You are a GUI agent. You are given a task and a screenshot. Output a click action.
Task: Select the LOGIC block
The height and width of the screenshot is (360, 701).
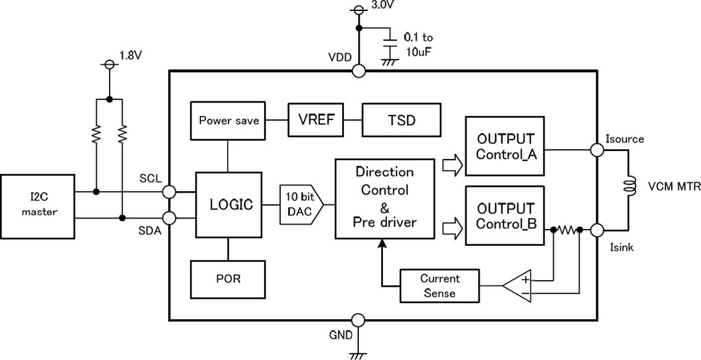(x=228, y=205)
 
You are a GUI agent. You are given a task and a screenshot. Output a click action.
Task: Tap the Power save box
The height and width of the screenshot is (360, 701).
(x=228, y=121)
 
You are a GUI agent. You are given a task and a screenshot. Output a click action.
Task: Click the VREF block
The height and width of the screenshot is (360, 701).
(x=316, y=121)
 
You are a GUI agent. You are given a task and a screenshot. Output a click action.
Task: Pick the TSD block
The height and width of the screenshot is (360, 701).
(x=401, y=121)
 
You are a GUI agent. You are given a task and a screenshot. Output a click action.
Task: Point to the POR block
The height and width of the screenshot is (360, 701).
(x=228, y=280)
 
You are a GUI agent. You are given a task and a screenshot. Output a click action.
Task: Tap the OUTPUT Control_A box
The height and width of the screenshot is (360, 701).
(x=504, y=147)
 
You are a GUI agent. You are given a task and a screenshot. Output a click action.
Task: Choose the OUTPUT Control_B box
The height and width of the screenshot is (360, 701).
(x=504, y=215)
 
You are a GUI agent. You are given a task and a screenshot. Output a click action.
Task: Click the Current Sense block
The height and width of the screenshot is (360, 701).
(x=439, y=285)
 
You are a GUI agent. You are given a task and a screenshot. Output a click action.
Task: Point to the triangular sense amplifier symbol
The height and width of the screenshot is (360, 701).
(x=519, y=285)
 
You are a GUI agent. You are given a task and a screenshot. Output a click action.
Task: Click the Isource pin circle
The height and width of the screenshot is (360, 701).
(x=597, y=150)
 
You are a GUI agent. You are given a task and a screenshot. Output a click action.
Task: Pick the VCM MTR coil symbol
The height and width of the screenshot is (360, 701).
(x=628, y=187)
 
